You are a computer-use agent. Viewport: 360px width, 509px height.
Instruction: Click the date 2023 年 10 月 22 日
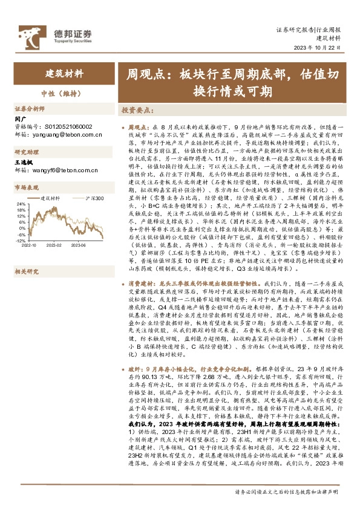point(324,50)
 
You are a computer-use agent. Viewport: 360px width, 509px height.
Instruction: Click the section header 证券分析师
point(30,109)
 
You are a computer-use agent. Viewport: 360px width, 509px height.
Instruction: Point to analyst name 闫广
point(20,118)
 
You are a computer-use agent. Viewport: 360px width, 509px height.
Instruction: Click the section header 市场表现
point(27,187)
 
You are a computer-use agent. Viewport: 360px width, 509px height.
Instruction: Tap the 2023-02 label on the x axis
point(55,245)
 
